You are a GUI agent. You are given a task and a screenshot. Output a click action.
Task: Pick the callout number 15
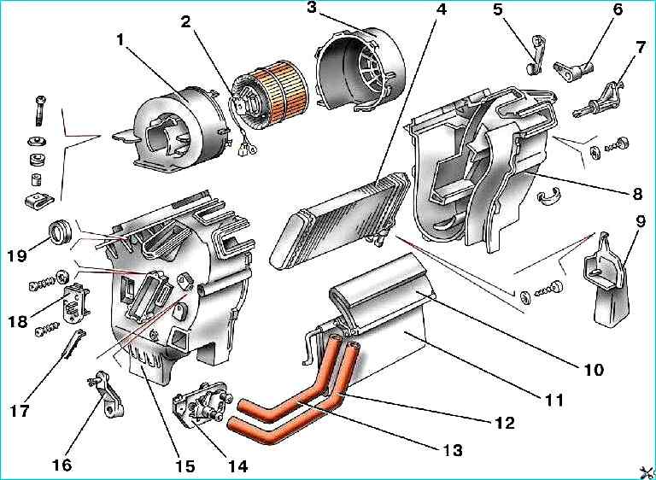184,466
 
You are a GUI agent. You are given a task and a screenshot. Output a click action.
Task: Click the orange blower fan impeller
277,88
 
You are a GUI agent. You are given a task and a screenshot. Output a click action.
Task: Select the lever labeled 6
568,67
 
